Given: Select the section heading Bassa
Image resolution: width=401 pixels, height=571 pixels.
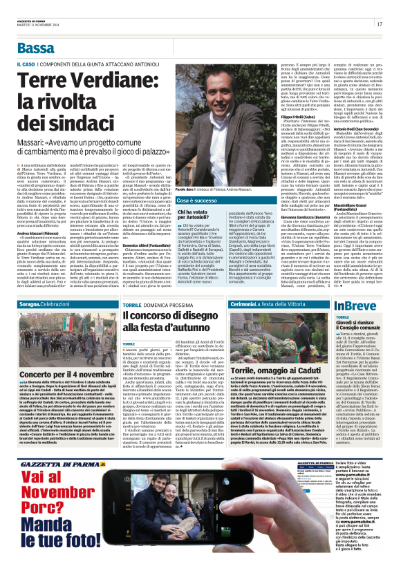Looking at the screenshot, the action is point(36,48).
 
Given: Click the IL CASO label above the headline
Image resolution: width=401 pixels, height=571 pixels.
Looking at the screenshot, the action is point(26,64).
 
